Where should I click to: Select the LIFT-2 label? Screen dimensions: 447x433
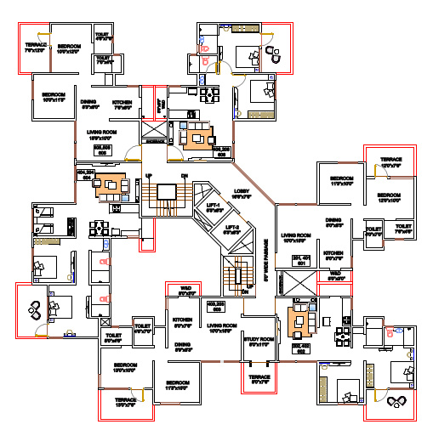tap(231, 229)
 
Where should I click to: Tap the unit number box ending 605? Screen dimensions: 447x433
tap(104, 149)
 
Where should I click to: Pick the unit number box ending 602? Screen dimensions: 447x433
tap(300, 348)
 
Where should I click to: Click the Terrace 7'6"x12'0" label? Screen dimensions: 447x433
tap(35, 47)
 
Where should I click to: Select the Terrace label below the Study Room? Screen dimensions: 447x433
tap(259, 379)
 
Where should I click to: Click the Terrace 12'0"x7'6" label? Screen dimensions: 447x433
tap(390, 161)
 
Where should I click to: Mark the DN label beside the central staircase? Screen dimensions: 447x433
tap(184, 176)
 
